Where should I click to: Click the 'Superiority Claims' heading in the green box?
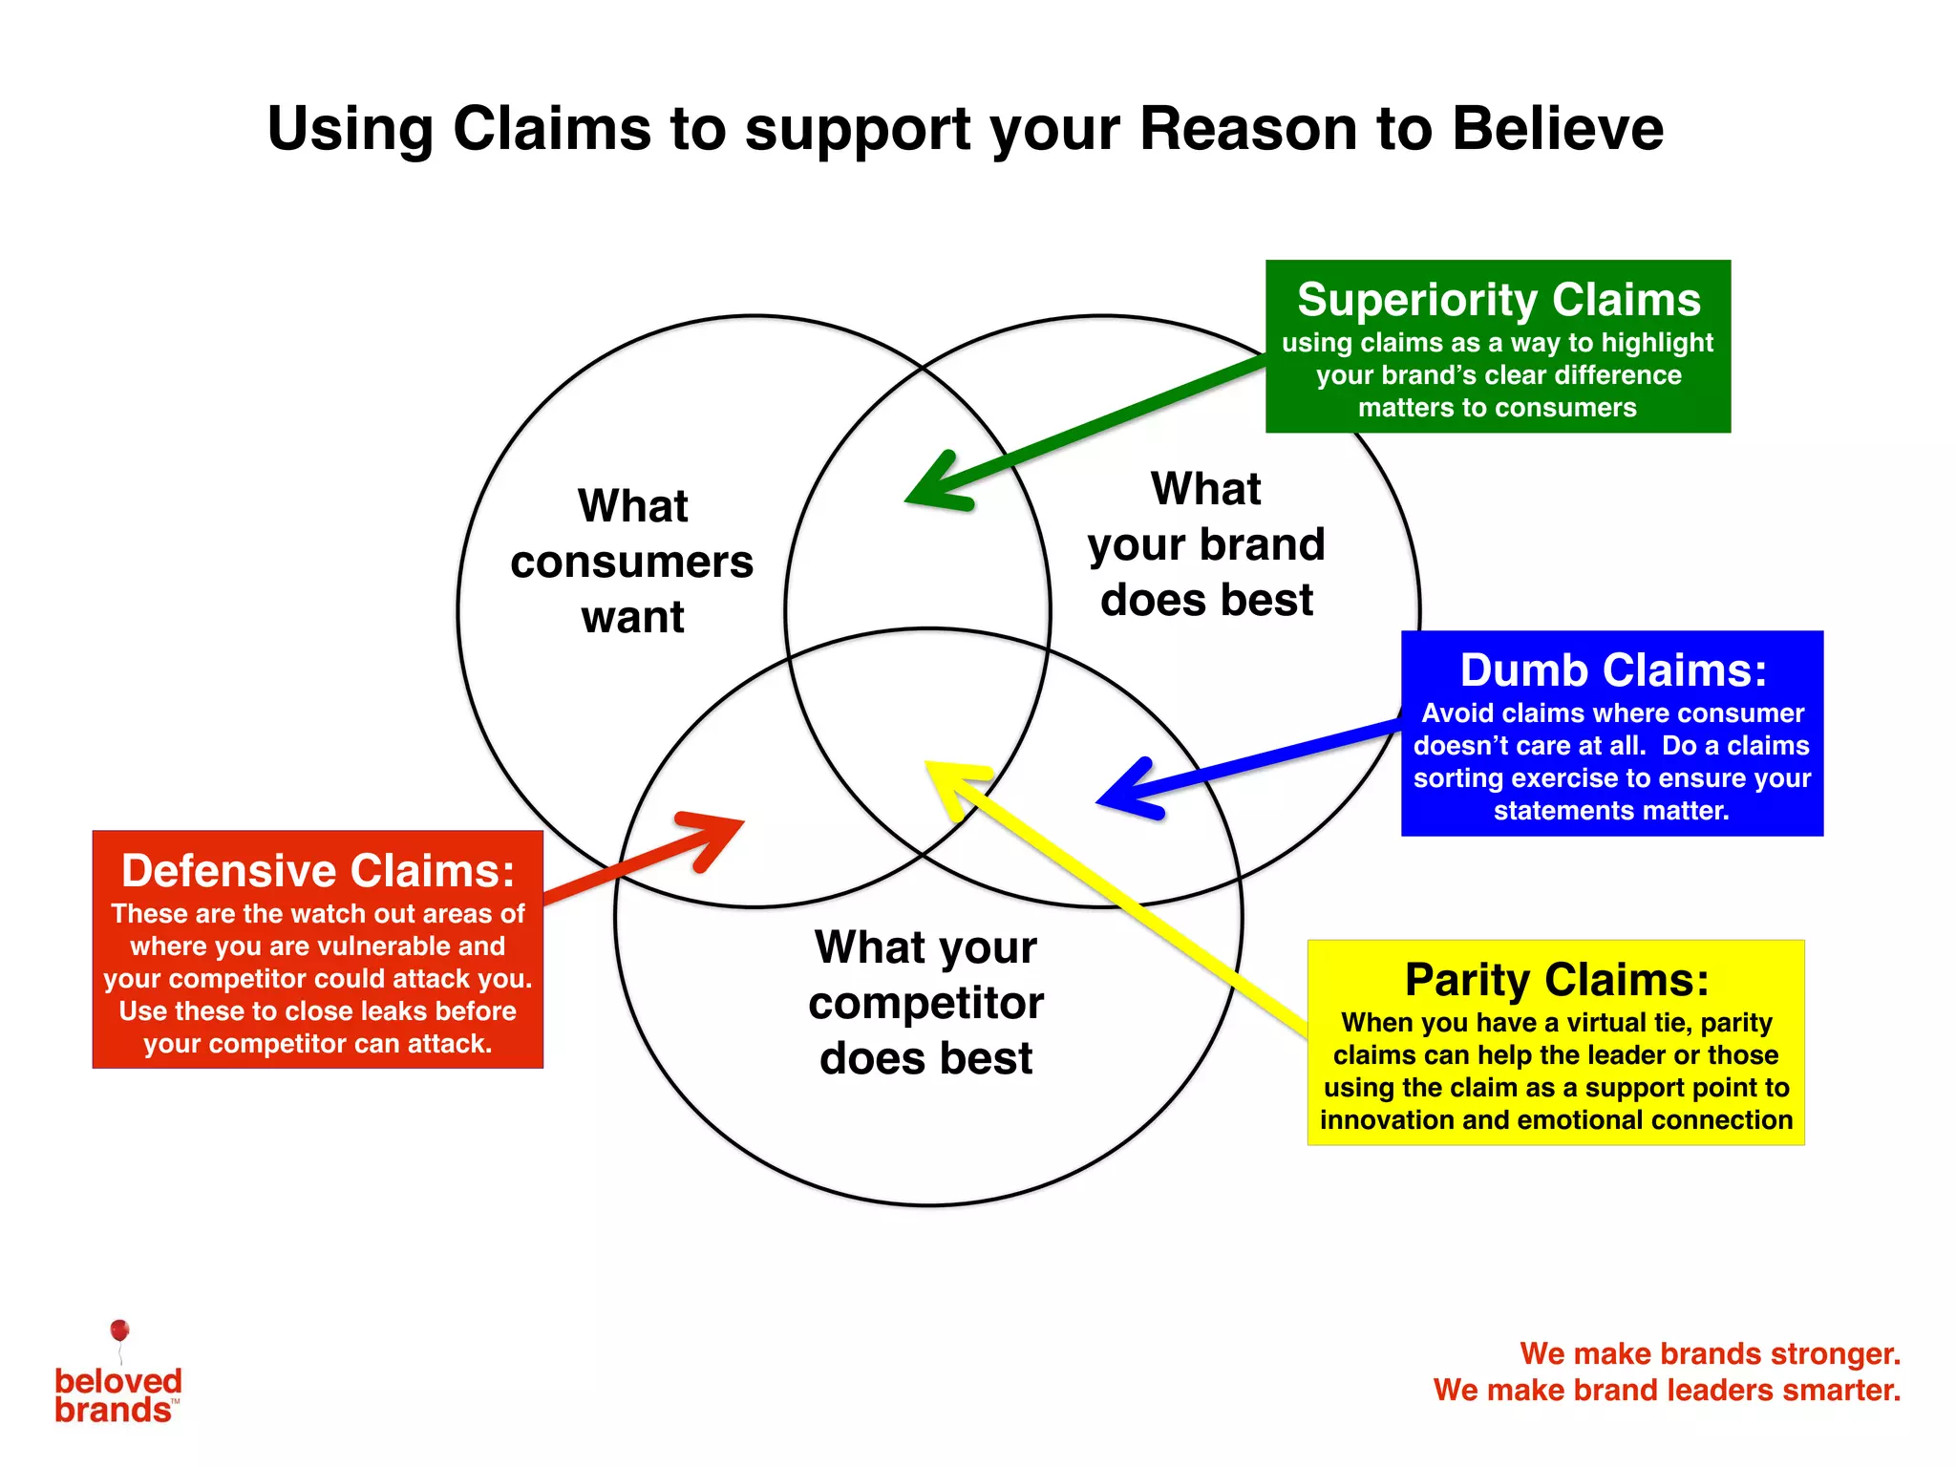click(x=1498, y=300)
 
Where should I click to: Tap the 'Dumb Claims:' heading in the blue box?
click(x=1612, y=670)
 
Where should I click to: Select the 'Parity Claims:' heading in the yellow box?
click(x=1556, y=980)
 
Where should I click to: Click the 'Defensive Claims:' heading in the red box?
click(x=317, y=871)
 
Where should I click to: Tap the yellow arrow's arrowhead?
click(x=950, y=778)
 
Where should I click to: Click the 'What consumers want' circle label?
click(x=632, y=561)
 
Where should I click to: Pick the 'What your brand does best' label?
click(x=1206, y=544)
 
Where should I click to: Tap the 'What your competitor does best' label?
click(x=925, y=1003)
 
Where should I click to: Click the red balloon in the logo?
click(x=119, y=1330)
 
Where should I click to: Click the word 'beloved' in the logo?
click(x=118, y=1381)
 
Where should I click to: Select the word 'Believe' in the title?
click(x=1558, y=129)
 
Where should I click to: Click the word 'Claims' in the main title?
click(x=554, y=129)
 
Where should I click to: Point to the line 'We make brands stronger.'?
click(x=1710, y=1353)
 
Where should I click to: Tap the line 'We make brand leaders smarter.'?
click(x=1667, y=1390)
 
